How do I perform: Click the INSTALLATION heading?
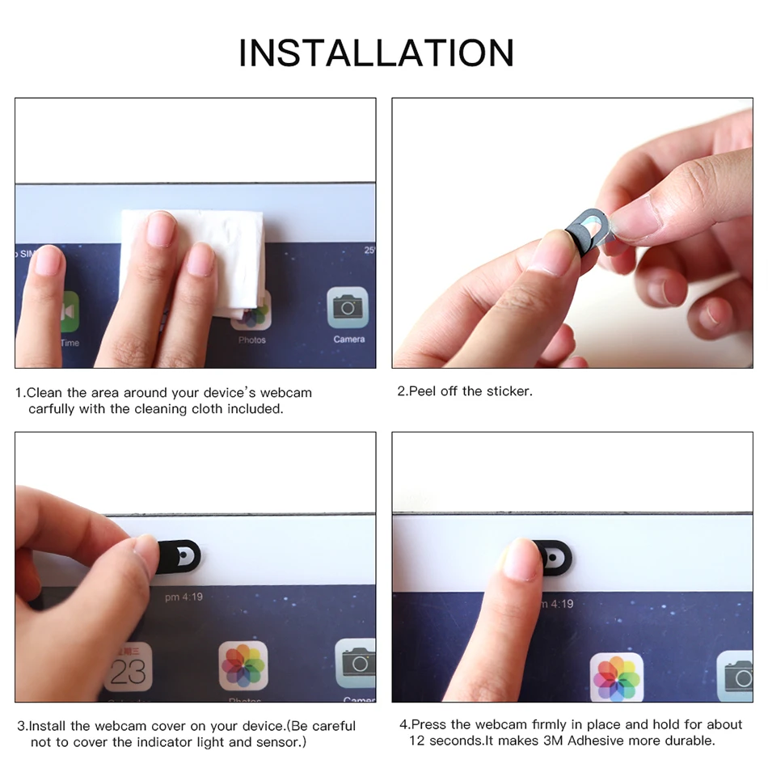coord(376,53)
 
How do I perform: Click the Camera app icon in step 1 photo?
coord(348,307)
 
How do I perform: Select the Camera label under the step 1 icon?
coord(348,340)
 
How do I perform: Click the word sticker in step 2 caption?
coord(508,391)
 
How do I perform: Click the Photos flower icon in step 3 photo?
coord(243,666)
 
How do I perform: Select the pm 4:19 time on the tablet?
coord(184,597)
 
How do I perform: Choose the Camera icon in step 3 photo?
coord(356,663)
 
